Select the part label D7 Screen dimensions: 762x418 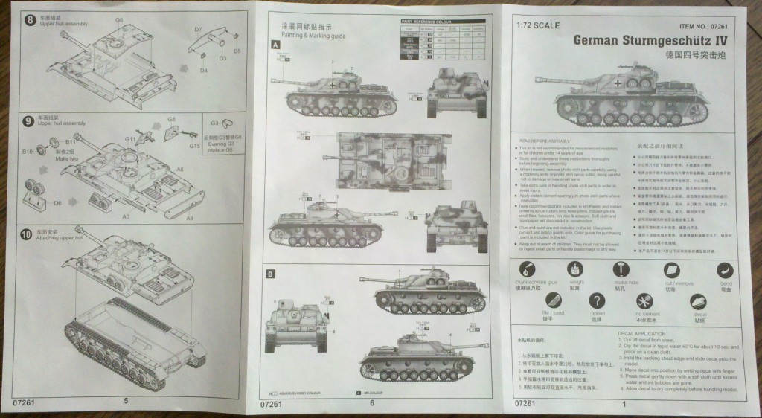(x=199, y=29)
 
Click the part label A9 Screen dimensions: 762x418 (x=190, y=217)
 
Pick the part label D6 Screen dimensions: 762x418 (x=57, y=202)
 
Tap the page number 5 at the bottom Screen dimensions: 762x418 (x=126, y=402)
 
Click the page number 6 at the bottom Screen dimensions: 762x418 (x=371, y=402)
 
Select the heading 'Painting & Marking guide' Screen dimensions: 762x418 (x=302, y=33)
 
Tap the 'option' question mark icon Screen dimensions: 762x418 (x=597, y=300)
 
